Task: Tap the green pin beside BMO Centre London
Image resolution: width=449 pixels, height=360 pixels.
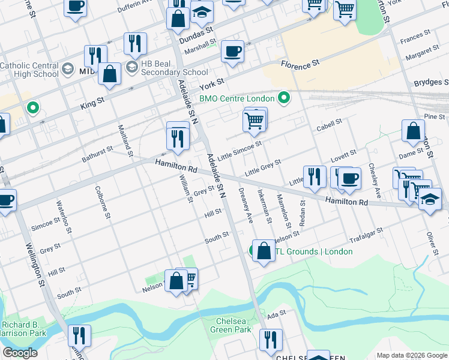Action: [285, 98]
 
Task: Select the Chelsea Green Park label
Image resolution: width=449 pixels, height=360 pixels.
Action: [234, 325]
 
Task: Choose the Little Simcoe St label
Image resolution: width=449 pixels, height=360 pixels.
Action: [240, 148]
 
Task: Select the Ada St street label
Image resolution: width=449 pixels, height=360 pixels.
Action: [276, 314]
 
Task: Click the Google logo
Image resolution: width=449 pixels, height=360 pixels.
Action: [20, 353]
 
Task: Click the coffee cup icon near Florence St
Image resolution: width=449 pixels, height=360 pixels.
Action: [232, 52]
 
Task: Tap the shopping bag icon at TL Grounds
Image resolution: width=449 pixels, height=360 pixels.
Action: [264, 251]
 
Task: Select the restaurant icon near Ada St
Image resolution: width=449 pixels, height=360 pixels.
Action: [271, 340]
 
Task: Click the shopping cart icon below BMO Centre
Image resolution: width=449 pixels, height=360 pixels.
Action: [255, 120]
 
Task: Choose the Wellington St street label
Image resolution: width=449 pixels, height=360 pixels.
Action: [34, 264]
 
